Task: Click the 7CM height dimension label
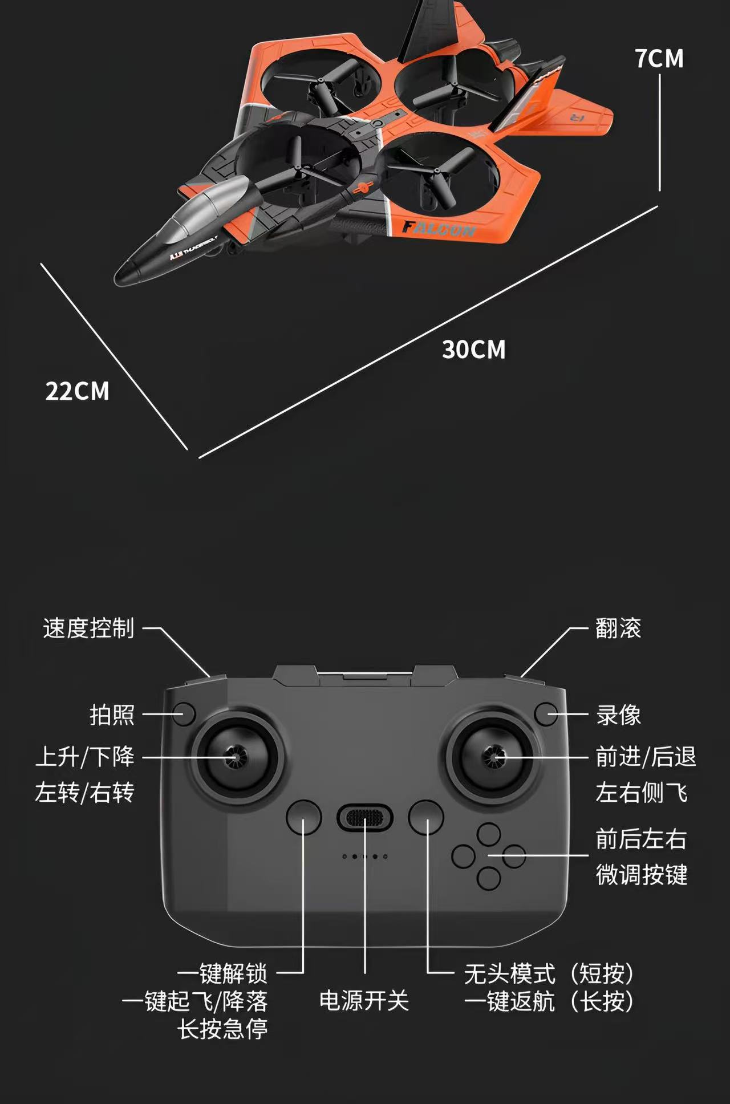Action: pos(659,59)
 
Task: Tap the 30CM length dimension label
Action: pos(474,350)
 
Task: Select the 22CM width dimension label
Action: pos(77,391)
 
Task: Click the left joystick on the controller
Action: pos(236,757)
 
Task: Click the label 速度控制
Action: pos(88,628)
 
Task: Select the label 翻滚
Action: pos(618,628)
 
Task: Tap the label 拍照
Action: pos(112,715)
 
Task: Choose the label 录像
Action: pos(618,715)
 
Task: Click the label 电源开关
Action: pos(364,1001)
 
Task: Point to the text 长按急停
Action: pos(222,1029)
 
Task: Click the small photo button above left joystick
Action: pos(184,714)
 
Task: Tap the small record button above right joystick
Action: pos(546,714)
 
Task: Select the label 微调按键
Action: pos(642,875)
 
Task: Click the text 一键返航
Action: pos(509,1001)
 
